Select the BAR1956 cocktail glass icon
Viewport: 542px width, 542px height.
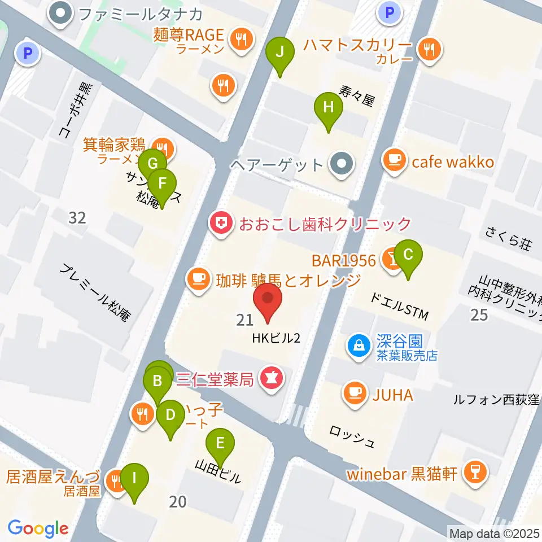[x=391, y=259]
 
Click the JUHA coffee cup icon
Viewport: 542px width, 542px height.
[x=355, y=393]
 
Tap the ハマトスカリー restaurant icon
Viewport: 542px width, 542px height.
[x=430, y=49]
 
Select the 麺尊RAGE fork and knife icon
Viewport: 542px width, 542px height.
[x=241, y=38]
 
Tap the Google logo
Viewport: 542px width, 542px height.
[x=38, y=528]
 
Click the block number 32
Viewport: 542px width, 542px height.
[x=77, y=217]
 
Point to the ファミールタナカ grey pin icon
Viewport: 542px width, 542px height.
[x=59, y=13]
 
